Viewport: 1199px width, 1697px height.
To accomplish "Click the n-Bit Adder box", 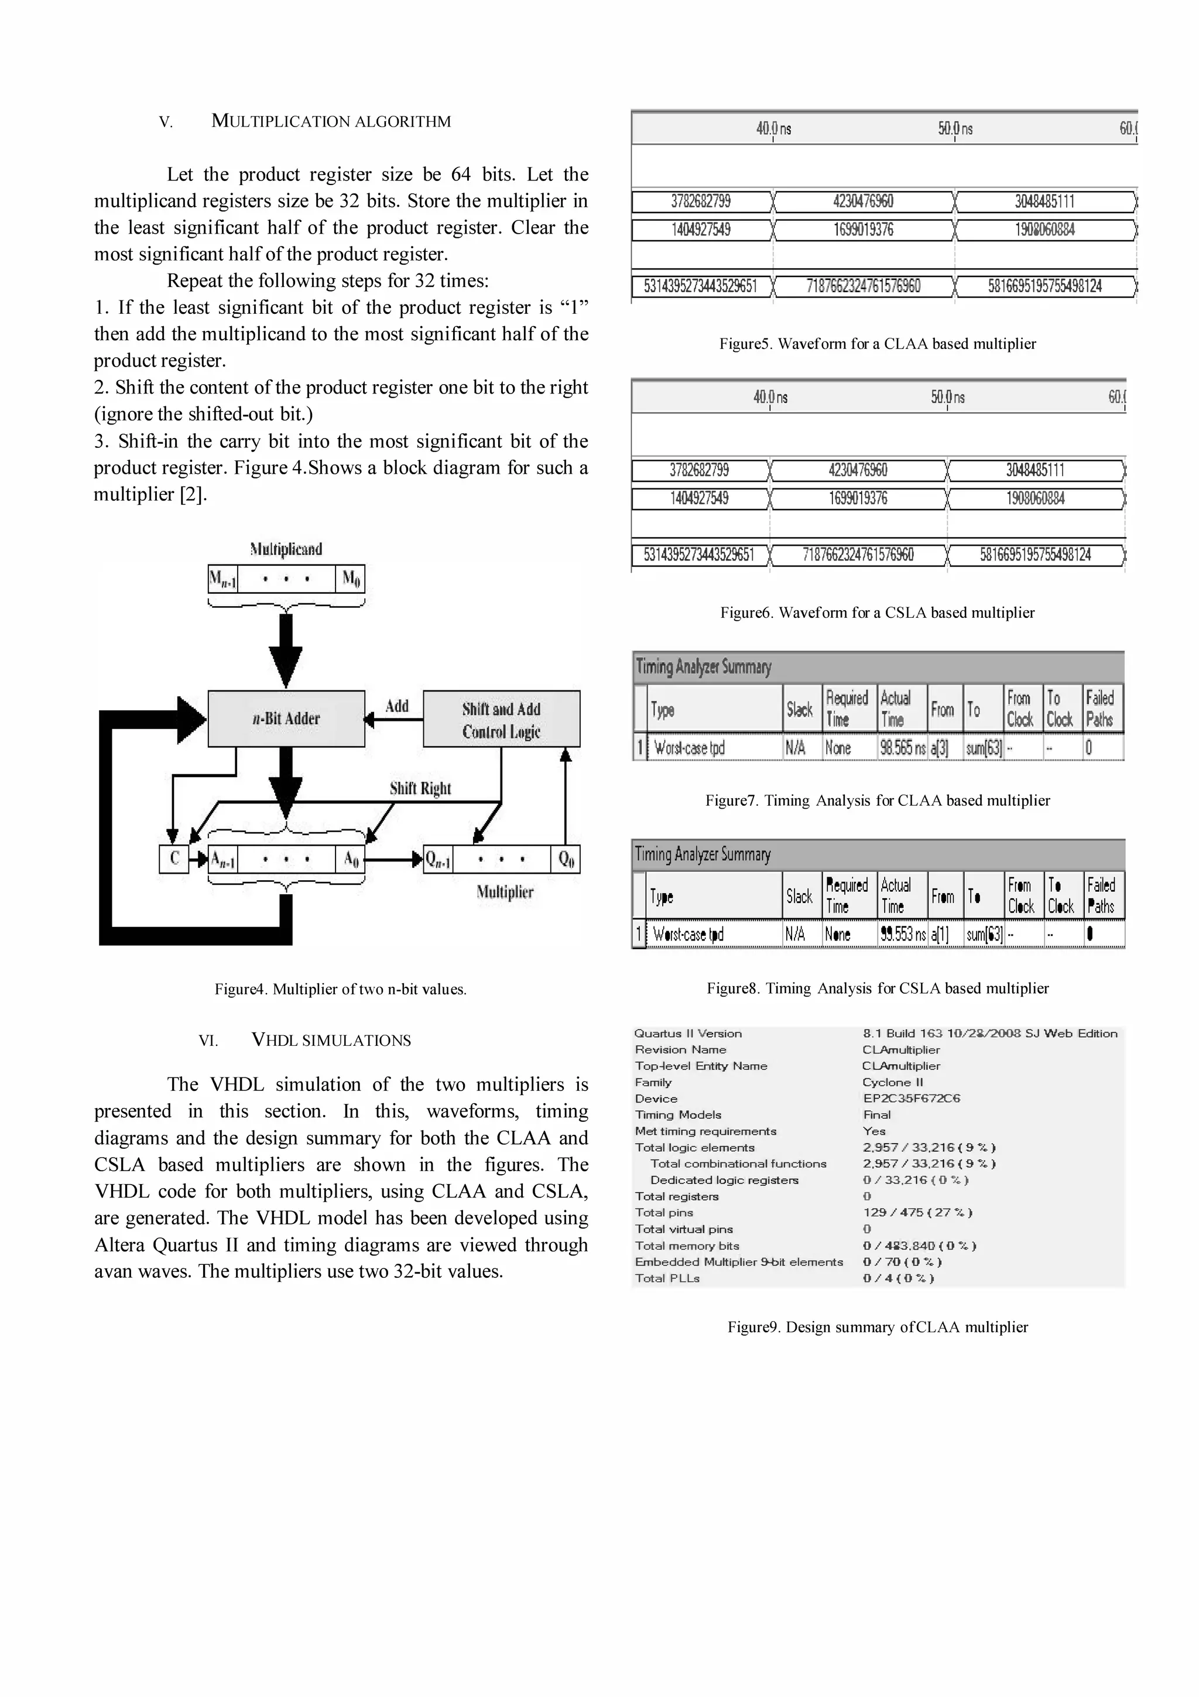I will pos(286,719).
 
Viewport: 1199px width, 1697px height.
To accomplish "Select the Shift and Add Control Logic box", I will pos(501,719).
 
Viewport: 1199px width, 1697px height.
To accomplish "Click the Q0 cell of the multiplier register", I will pos(566,859).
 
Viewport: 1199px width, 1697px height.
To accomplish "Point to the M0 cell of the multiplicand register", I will pos(350,578).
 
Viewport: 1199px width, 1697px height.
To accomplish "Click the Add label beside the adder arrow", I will pos(397,706).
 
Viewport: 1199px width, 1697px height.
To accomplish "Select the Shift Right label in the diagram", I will pos(420,788).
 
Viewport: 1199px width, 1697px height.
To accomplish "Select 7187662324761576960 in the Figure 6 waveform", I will pos(858,555).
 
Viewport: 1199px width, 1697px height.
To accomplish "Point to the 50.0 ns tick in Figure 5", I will pos(955,129).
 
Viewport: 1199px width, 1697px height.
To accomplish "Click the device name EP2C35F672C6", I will pos(911,1099).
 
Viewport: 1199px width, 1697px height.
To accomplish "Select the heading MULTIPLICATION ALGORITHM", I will pos(330,121).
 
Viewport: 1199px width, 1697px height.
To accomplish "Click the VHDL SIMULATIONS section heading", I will pos(330,1040).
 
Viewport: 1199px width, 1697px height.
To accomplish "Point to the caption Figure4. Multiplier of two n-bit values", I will pos(341,989).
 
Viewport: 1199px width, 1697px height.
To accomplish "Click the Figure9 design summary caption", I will pos(877,1327).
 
